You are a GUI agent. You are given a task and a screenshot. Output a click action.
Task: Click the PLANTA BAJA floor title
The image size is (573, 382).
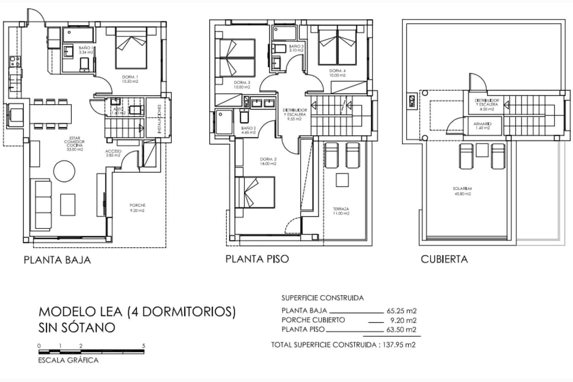click(57, 260)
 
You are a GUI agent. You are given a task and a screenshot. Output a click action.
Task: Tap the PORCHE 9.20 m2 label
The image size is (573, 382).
click(138, 208)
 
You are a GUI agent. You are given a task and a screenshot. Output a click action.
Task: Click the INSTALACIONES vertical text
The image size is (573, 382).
click(159, 119)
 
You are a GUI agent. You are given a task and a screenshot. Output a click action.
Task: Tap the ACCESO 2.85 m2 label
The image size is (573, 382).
click(113, 153)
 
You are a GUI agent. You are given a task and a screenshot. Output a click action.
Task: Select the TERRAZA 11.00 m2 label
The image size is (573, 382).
click(341, 211)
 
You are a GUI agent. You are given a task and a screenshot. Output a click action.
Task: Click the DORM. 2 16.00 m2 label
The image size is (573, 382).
click(268, 161)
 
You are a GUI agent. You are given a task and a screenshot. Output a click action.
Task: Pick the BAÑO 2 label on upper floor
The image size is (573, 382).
click(248, 130)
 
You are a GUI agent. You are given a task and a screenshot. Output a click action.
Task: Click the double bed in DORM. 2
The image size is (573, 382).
click(255, 192)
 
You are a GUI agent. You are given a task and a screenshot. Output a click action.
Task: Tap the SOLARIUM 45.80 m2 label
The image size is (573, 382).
click(462, 191)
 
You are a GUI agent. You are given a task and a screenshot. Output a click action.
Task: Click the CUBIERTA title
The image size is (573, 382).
click(444, 259)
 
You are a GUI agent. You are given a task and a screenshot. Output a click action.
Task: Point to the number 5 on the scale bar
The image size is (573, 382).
click(144, 346)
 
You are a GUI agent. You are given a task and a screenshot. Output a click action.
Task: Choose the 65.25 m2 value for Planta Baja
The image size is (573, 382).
click(401, 311)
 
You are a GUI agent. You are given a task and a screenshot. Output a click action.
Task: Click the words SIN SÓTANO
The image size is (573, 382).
click(77, 328)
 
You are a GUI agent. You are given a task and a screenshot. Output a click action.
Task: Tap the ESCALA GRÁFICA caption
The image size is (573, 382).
click(68, 360)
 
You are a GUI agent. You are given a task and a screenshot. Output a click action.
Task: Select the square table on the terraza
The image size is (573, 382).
click(342, 180)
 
